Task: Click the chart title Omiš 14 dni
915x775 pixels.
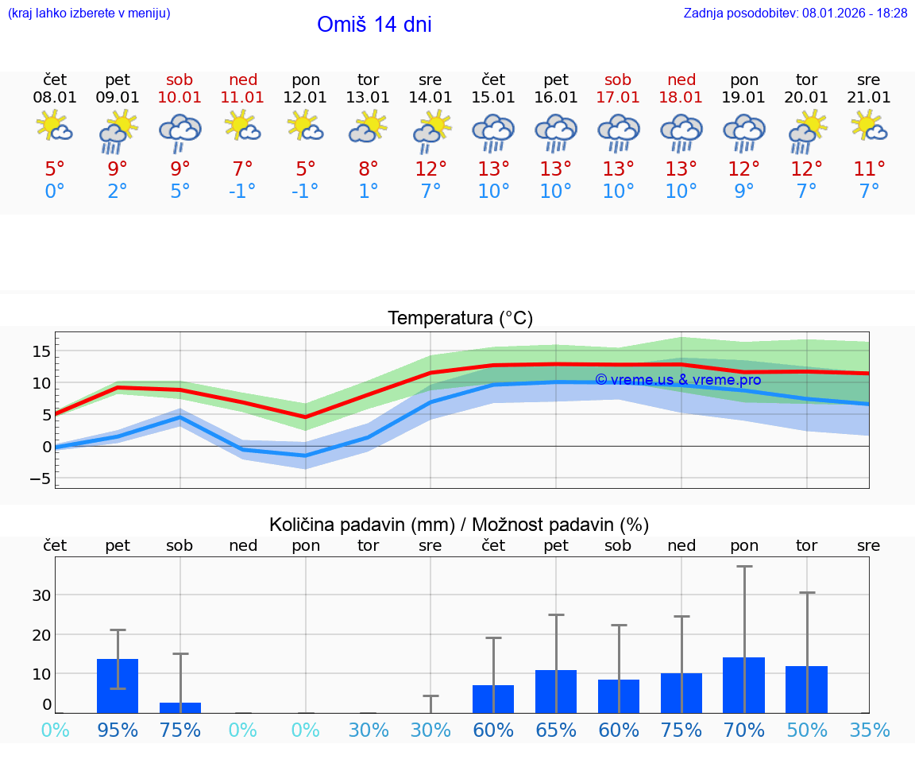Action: click(x=374, y=25)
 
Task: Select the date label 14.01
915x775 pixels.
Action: click(x=430, y=97)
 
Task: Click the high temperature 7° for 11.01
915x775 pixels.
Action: click(x=243, y=169)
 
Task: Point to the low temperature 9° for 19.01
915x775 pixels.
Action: click(x=744, y=191)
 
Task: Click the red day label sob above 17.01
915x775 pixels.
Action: click(x=618, y=79)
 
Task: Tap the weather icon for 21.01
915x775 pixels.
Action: click(x=869, y=126)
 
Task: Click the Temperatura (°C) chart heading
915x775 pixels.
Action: click(x=460, y=318)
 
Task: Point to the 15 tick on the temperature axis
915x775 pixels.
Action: click(x=42, y=351)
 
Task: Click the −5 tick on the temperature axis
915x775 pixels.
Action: click(x=39, y=479)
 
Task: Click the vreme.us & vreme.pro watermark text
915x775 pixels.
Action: click(x=678, y=380)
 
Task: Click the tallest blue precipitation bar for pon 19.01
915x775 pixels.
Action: click(x=744, y=685)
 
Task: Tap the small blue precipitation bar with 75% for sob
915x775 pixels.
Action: click(x=180, y=707)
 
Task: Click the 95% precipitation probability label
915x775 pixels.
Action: click(x=118, y=730)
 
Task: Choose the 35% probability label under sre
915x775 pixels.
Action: click(x=869, y=730)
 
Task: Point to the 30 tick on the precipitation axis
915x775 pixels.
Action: click(x=42, y=595)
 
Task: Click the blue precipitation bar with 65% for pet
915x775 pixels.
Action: click(x=556, y=692)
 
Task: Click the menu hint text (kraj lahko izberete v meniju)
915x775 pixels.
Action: click(x=89, y=13)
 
